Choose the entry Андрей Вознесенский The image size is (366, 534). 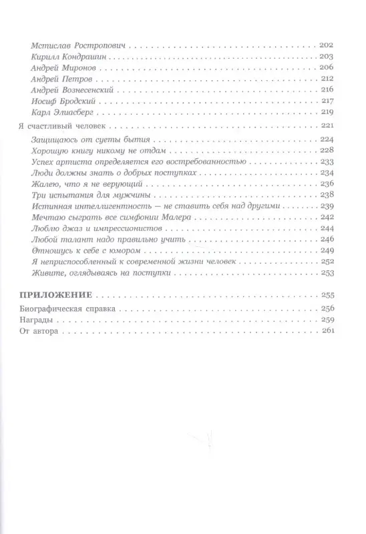point(75,89)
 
